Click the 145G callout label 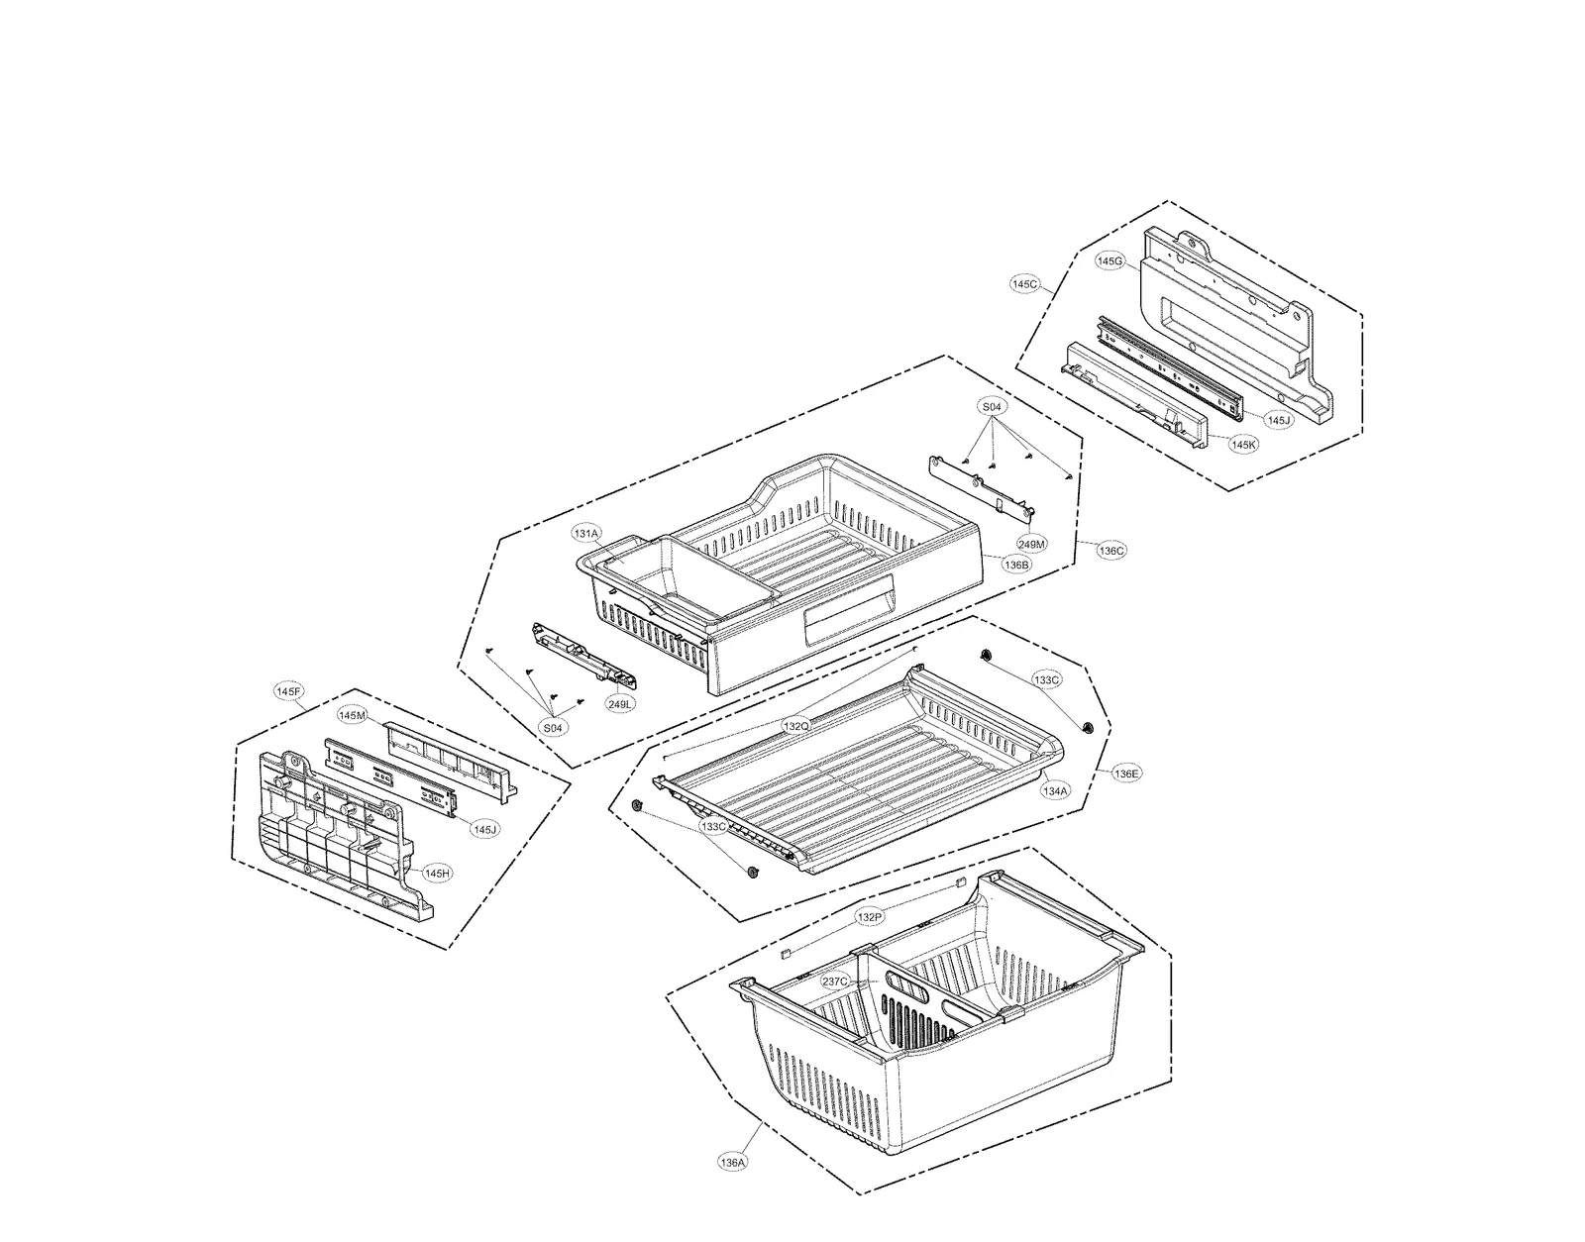[1110, 261]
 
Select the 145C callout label [1025, 284]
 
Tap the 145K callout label [1244, 445]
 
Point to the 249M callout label [1031, 544]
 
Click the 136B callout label [1016, 565]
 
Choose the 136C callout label [1111, 551]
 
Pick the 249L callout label [621, 703]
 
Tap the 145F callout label [289, 689]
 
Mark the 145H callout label [437, 874]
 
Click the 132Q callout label [796, 726]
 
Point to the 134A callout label [1055, 791]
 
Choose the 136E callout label [1126, 773]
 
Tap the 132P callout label [869, 917]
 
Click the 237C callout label [835, 982]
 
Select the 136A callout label [733, 1163]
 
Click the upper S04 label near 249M [992, 407]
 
